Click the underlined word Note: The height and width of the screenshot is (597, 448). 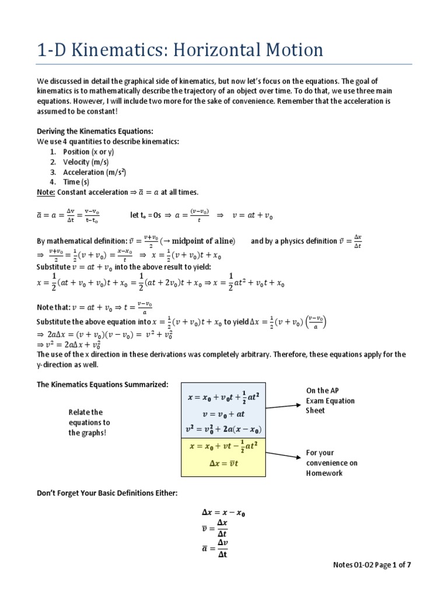pyautogui.click(x=46, y=192)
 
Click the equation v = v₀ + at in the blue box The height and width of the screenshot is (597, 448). pyautogui.click(x=223, y=413)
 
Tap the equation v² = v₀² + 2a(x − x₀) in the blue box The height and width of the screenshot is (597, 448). pyautogui.click(x=223, y=429)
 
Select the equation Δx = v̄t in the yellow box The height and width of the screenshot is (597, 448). pyautogui.click(x=223, y=463)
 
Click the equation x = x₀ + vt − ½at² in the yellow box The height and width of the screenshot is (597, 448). pyautogui.click(x=223, y=447)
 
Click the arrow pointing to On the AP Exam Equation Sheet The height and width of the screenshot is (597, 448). pyautogui.click(x=282, y=402)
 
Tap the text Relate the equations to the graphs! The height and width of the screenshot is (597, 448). pyautogui.click(x=89, y=422)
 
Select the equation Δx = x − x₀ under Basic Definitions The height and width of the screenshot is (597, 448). pyautogui.click(x=223, y=513)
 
